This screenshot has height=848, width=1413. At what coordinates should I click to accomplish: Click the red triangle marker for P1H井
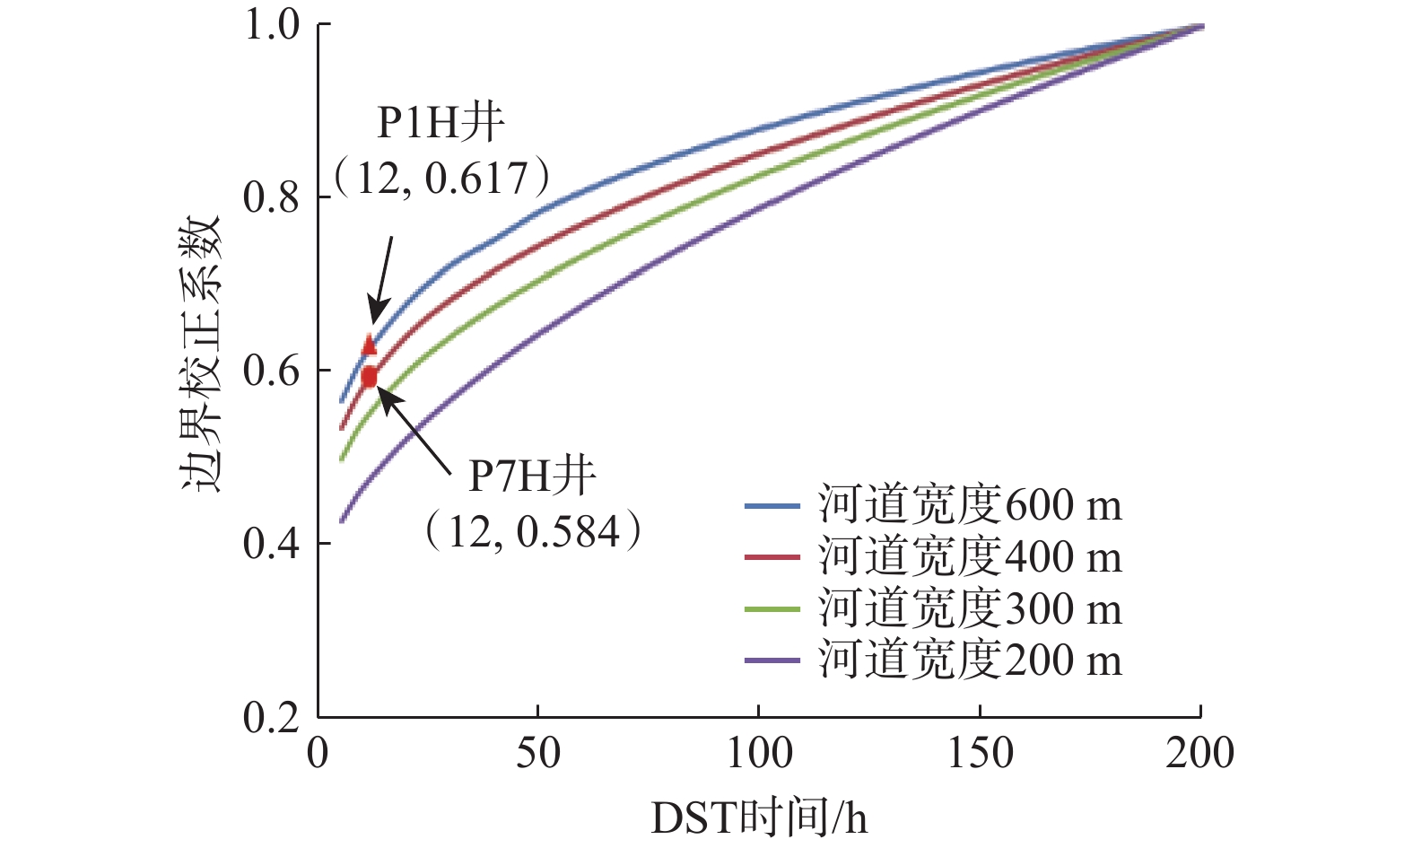click(369, 345)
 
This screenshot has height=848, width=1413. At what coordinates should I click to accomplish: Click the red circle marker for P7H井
click(369, 377)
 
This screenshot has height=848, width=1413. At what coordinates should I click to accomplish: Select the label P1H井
click(440, 123)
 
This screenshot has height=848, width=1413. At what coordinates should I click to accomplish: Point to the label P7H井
click(532, 476)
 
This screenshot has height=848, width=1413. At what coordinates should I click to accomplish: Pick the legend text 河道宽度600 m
click(970, 505)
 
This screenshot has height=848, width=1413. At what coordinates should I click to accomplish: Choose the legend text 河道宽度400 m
click(970, 557)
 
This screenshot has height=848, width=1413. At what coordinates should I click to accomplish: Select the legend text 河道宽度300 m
click(970, 609)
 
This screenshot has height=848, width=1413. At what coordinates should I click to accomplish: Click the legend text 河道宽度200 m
click(970, 660)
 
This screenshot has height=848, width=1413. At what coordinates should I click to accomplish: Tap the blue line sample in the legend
click(772, 506)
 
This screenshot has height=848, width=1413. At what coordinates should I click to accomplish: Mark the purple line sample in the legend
click(772, 661)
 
